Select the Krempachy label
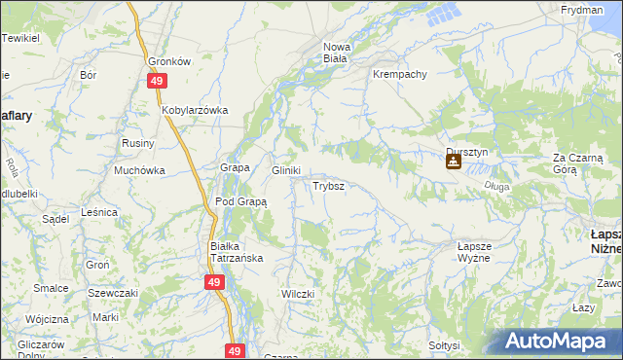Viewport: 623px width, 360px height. tap(399, 74)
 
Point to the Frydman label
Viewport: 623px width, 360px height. tap(581, 9)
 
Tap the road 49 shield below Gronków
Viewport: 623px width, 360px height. tap(157, 83)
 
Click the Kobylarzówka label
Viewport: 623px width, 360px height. tap(195, 110)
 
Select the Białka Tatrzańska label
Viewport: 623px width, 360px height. tap(238, 252)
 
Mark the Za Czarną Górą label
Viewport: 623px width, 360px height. tap(578, 162)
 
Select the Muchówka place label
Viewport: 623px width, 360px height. tap(139, 170)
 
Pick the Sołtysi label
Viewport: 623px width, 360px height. tap(444, 344)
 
